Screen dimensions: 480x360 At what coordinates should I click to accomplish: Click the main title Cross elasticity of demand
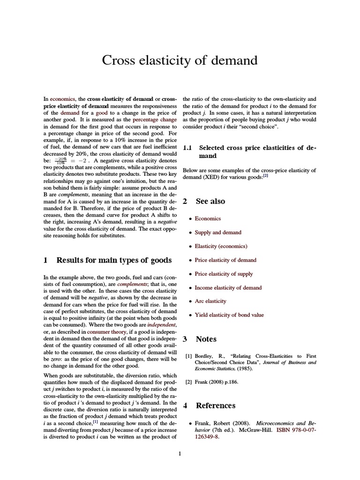180,60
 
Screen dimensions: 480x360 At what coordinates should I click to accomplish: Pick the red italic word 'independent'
162,324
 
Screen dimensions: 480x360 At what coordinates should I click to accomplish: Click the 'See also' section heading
210,201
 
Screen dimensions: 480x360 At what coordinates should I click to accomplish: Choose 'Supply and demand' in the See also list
218,232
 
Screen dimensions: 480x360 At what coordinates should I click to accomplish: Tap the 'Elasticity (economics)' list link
221,246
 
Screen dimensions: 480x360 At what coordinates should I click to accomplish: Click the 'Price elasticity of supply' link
224,274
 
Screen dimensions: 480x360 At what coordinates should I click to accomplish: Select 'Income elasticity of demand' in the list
228,288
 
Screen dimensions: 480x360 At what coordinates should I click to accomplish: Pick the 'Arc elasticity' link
210,301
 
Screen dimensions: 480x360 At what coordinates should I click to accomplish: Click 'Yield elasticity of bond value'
229,315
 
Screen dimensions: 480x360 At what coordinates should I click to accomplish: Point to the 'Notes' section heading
206,339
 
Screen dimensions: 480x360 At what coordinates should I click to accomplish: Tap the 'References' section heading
216,405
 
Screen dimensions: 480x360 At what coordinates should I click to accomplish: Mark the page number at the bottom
180,453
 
